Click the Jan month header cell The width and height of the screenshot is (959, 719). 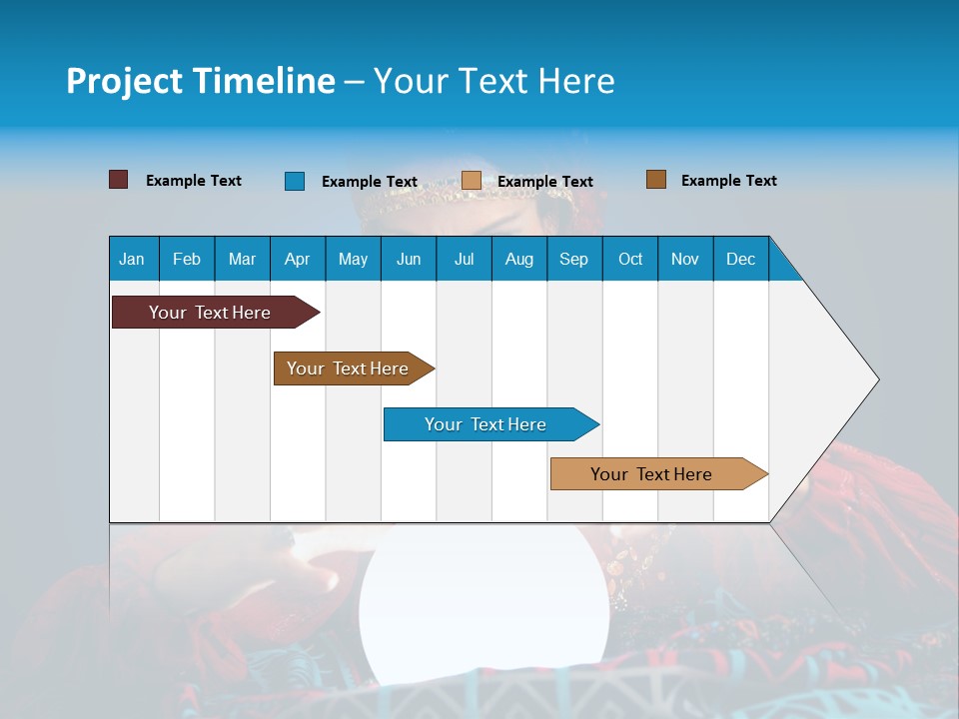coord(133,259)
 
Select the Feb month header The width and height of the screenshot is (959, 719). coord(187,259)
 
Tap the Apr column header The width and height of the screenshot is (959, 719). coord(298,259)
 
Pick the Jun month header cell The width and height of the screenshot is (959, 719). coord(409,259)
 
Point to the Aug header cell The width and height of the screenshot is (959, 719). coord(519,259)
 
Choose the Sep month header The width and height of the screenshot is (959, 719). coord(574,259)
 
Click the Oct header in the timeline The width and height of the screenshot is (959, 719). coord(630,259)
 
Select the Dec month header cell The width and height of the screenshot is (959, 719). coord(741,259)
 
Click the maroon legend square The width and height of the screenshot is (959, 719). coord(118,180)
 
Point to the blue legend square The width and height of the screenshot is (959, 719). coord(295,181)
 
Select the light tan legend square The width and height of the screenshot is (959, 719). coord(472,181)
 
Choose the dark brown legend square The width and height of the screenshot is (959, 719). coord(656,180)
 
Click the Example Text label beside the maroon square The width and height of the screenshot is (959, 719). coord(194,181)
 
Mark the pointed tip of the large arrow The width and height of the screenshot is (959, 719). coord(877,379)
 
